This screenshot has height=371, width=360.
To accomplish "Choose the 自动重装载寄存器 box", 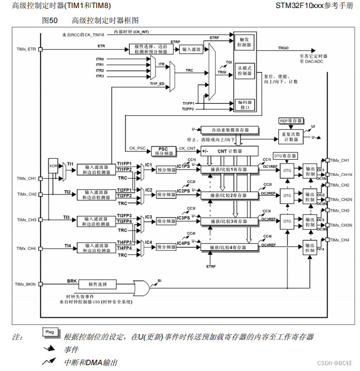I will pos(229,130).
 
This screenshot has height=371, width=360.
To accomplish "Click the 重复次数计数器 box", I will pos(291,136).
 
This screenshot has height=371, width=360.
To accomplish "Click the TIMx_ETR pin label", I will pos(25,49).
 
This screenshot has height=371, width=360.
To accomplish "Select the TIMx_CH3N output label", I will pos(340,225).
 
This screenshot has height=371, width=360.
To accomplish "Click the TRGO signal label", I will pos(283,48).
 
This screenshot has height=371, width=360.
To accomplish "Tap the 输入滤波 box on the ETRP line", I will pos(191,49).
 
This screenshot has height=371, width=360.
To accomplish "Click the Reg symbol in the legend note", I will pos(50,332).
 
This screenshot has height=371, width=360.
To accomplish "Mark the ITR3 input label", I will pos(100,76).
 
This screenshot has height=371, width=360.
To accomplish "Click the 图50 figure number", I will pos(50,21).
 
